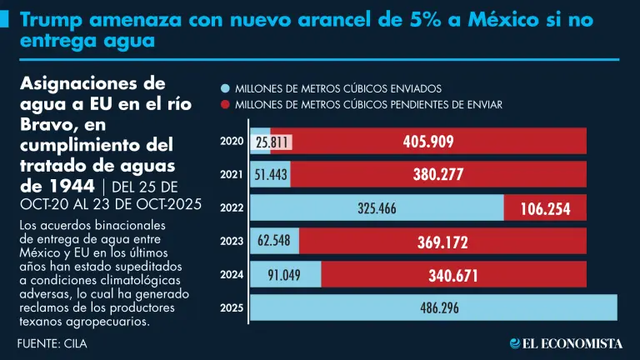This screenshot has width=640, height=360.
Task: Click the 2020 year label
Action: click(x=231, y=142)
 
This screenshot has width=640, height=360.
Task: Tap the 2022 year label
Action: click(x=231, y=208)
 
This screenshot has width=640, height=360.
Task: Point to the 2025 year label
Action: click(x=231, y=308)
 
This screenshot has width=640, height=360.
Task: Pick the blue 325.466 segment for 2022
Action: click(x=377, y=208)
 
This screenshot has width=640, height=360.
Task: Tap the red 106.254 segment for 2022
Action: click(x=545, y=209)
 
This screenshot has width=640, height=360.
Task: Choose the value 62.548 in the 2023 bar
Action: click(x=274, y=242)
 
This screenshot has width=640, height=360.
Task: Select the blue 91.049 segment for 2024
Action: click(x=285, y=275)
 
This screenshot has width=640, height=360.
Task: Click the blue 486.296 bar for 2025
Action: click(x=433, y=307)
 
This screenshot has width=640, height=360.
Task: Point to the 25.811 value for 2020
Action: click(x=272, y=142)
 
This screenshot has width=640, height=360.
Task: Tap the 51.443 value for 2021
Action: click(x=271, y=175)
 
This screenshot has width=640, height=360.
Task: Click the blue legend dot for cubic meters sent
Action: click(x=224, y=87)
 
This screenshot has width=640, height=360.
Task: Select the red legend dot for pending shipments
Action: click(x=224, y=105)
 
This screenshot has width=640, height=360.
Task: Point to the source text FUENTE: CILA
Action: click(x=52, y=342)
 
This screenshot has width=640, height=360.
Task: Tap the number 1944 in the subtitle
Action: click(x=72, y=184)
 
